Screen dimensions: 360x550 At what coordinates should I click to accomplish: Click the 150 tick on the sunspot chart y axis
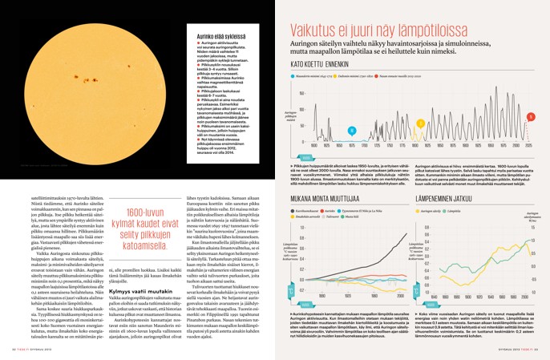[x=302, y=93]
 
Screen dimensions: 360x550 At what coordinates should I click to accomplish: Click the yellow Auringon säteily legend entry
[x=433, y=211]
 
